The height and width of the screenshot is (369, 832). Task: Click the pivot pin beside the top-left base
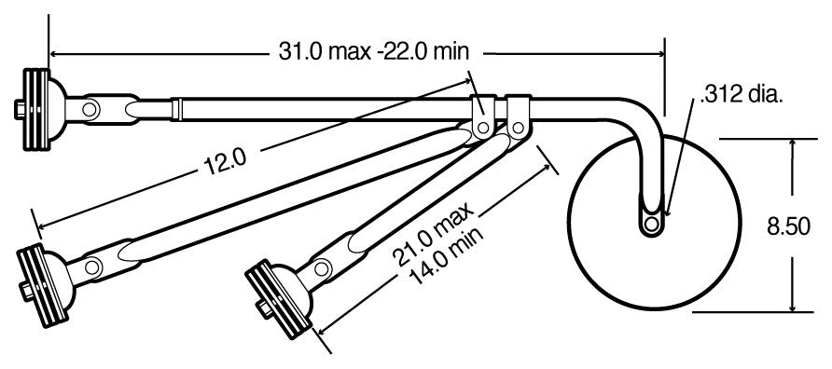click(x=90, y=110)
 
